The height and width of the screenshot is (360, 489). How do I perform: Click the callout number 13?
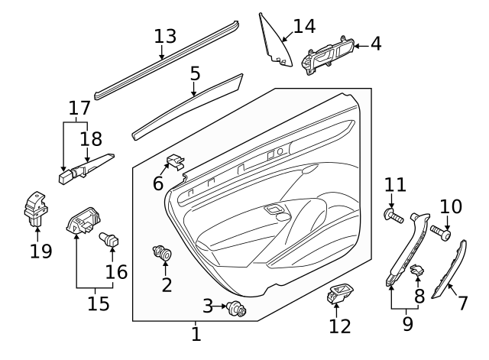point(164,36)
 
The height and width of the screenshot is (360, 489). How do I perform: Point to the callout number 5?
point(195,74)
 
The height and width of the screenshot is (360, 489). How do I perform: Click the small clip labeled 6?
point(175,162)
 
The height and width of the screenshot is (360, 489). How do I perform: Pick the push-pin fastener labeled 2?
point(164,252)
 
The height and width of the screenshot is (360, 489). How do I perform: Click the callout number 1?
point(196,334)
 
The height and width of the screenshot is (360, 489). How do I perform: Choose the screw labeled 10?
point(442,232)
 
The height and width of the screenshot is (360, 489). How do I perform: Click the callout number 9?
point(407,323)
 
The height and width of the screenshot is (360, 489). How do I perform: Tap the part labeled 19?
point(34,209)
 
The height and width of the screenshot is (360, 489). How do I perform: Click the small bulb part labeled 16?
point(109,240)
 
